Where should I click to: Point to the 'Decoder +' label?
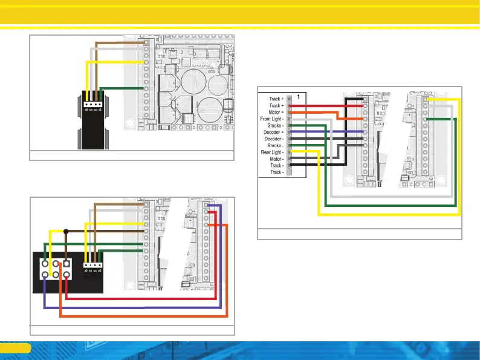(x=272, y=133)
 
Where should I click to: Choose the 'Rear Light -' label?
(x=271, y=152)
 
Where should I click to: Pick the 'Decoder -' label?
(x=273, y=139)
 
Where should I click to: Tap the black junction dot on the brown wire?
(x=65, y=231)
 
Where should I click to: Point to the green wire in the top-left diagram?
(x=121, y=88)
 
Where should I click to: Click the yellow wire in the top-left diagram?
(x=115, y=62)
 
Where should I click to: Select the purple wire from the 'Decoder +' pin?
(x=326, y=133)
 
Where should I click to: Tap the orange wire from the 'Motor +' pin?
(x=326, y=113)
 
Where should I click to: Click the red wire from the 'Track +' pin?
(x=326, y=105)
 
